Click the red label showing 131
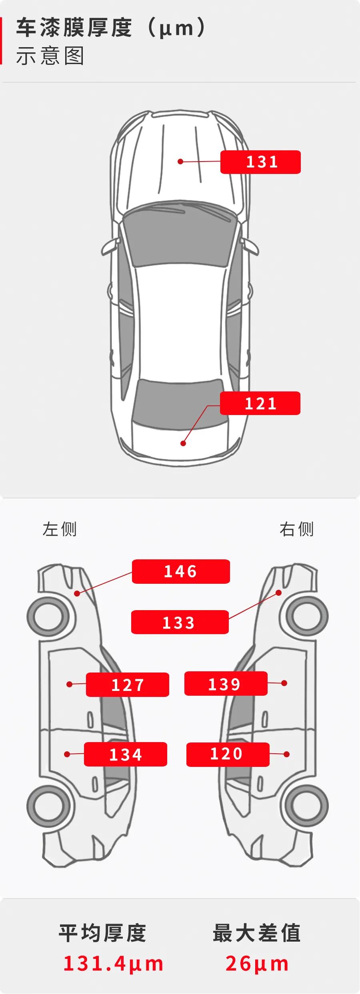(x=260, y=162)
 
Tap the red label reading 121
(x=260, y=403)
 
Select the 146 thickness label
(x=181, y=571)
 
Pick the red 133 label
(x=180, y=622)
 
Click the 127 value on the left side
(x=127, y=685)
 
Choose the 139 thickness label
(x=226, y=684)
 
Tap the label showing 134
(x=125, y=754)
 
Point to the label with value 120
(x=228, y=754)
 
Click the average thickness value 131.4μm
(x=114, y=964)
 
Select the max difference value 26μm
(x=257, y=964)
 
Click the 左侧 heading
(x=60, y=529)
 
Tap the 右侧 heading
(x=296, y=529)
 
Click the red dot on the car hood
(x=180, y=162)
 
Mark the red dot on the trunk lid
(x=183, y=443)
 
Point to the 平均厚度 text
(x=102, y=933)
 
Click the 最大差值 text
(x=256, y=933)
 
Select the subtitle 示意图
(x=50, y=56)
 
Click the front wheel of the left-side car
(x=48, y=616)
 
